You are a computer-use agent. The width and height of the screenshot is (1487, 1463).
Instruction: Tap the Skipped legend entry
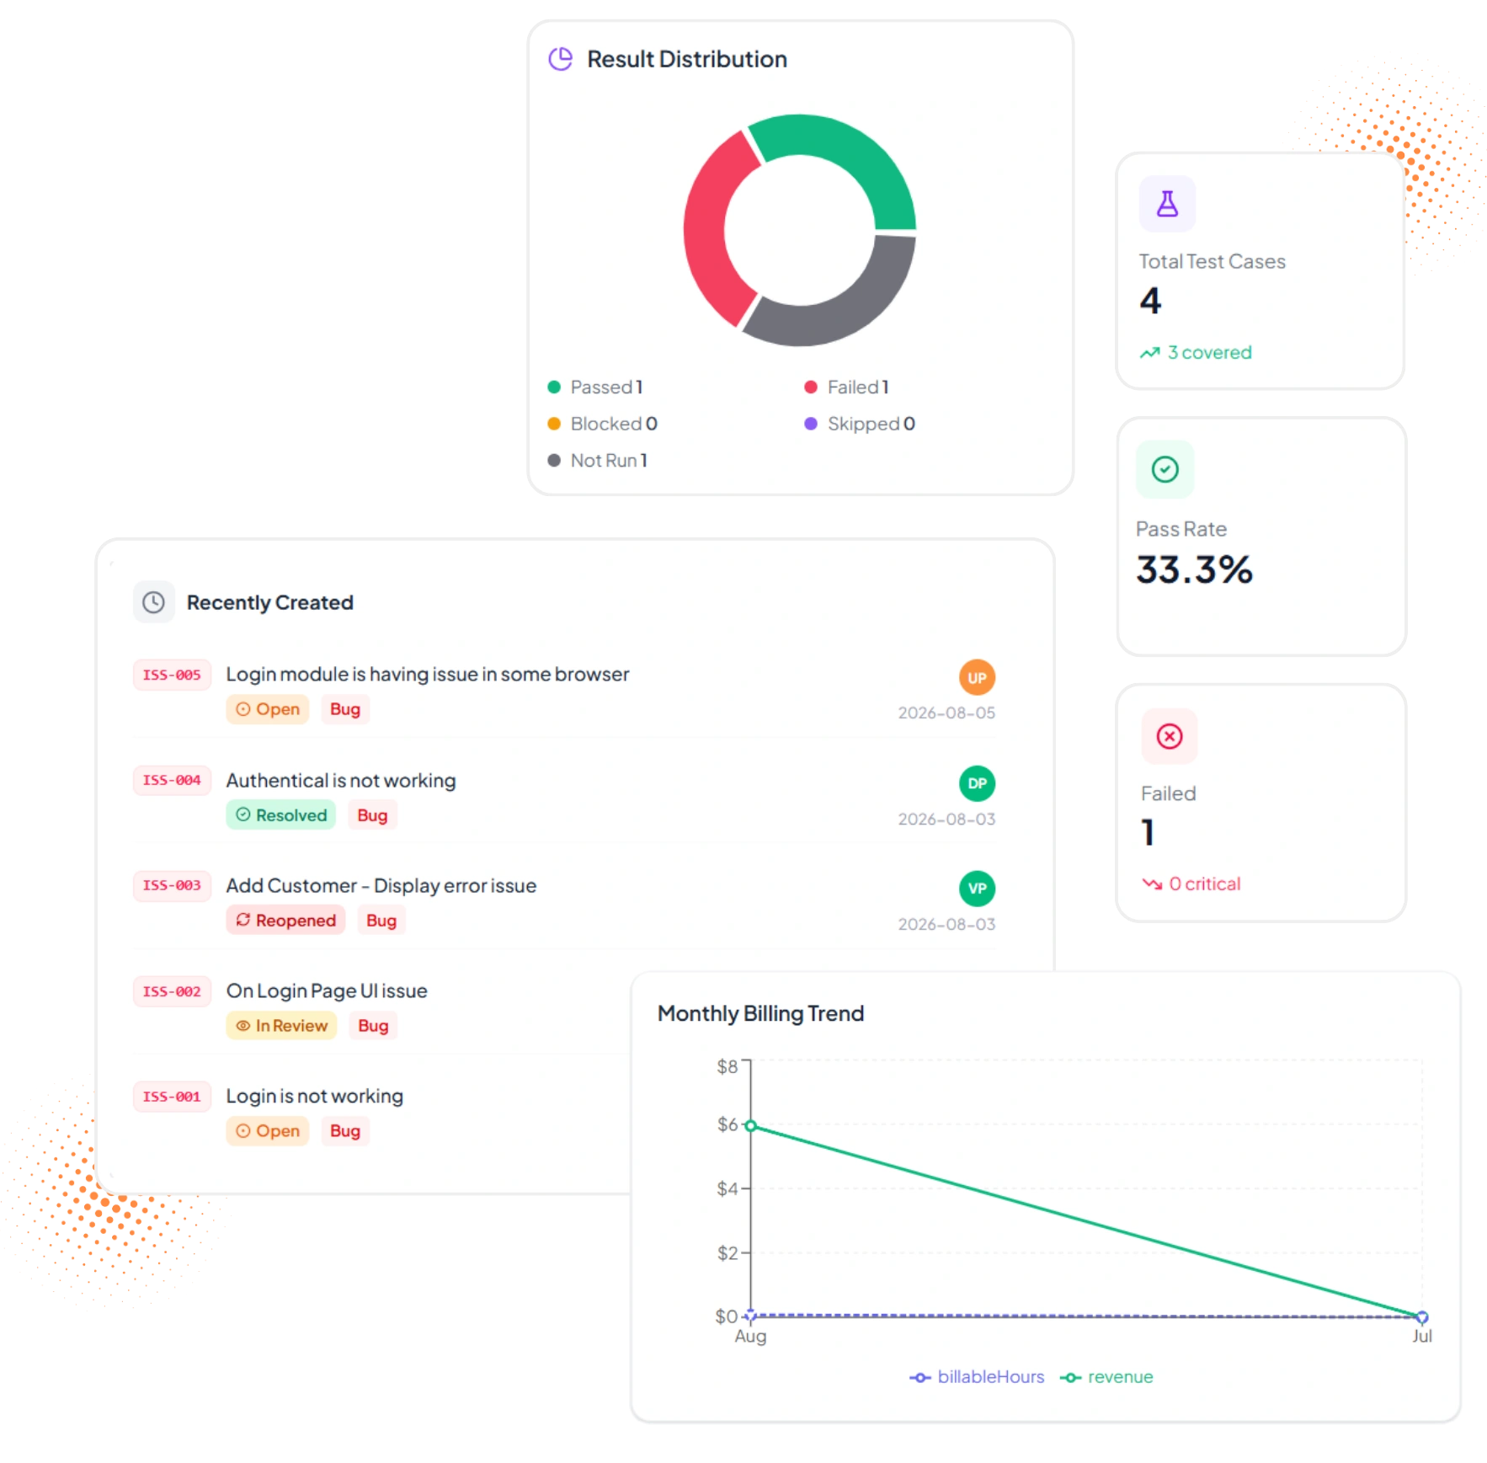pos(860,424)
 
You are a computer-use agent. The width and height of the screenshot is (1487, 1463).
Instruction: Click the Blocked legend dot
pos(554,424)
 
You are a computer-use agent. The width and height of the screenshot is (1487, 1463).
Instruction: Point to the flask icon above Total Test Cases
pos(1167,204)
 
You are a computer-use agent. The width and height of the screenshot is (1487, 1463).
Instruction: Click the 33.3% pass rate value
pos(1194,569)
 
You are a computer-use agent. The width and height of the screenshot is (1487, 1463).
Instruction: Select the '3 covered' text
pos(1209,353)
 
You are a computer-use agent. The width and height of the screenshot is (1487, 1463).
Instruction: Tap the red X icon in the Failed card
pos(1169,737)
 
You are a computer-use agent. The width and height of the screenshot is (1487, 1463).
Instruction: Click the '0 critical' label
pos(1204,884)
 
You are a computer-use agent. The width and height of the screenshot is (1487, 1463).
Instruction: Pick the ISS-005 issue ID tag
pos(172,675)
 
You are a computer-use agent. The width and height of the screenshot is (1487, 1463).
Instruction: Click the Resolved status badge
pos(281,815)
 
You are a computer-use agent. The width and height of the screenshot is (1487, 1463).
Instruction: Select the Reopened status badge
pos(285,921)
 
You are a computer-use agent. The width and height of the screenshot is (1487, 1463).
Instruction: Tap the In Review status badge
pos(281,1026)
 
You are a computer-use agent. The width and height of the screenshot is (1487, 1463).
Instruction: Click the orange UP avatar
pos(977,678)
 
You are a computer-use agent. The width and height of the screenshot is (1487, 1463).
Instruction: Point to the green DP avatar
pos(977,783)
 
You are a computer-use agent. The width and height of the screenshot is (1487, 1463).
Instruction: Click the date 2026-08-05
pos(946,713)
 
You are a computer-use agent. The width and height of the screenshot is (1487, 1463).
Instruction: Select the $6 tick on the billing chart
pos(728,1125)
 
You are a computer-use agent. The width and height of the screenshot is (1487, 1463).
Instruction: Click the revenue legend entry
pos(1106,1377)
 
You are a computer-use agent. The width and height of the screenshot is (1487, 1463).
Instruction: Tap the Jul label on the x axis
pos(1422,1336)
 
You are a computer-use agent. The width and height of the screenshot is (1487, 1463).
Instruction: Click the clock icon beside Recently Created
pos(153,602)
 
